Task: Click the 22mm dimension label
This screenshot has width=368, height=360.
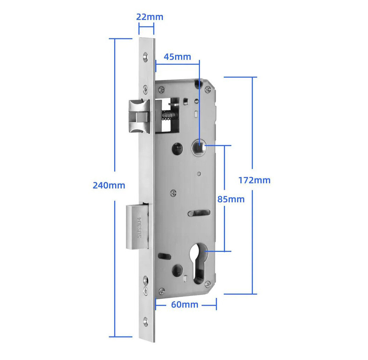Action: (150, 17)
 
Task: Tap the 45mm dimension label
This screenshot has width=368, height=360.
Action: (177, 57)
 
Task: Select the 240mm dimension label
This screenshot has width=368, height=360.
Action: (109, 185)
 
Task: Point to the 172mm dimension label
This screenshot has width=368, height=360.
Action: (255, 181)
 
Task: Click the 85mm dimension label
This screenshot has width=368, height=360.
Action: (231, 199)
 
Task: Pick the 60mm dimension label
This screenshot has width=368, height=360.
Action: (185, 305)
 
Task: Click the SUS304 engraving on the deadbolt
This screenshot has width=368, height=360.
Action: (139, 227)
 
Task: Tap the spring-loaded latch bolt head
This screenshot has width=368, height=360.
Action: (139, 116)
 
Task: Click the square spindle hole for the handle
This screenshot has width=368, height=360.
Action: (199, 148)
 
